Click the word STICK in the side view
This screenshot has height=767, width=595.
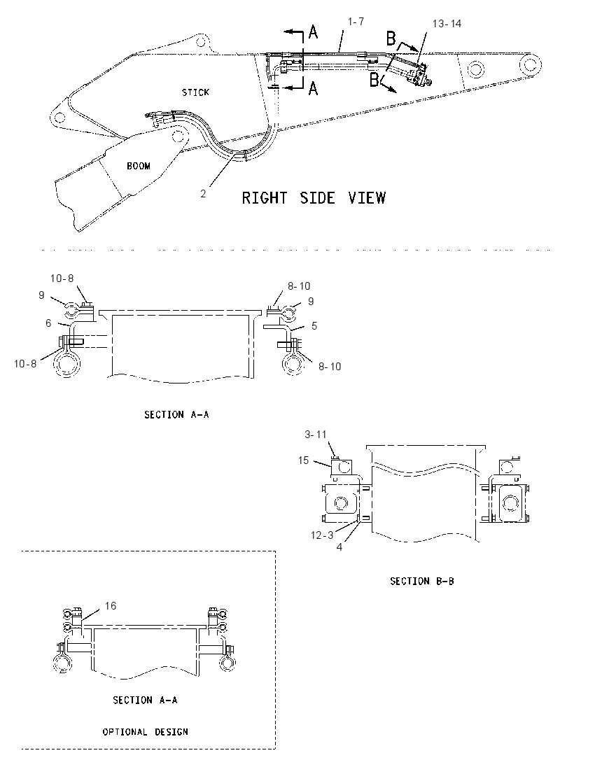coord(196,92)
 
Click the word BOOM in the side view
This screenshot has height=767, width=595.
coord(139,166)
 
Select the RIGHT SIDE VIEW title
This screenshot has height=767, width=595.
coord(314,198)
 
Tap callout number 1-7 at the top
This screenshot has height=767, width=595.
coord(356,22)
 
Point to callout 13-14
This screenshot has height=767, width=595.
coord(447,24)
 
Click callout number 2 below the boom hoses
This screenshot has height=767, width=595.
coord(203,194)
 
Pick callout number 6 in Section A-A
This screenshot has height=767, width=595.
coord(48,323)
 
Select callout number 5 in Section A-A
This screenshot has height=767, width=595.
coord(314,326)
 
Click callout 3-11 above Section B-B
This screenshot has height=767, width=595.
coord(316,435)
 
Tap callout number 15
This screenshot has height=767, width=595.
coord(303,460)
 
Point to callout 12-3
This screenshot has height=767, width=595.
coord(322,535)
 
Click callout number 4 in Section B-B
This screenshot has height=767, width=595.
coord(339,547)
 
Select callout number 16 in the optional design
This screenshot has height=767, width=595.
coord(111,606)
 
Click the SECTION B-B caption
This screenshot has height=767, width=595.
coord(422,581)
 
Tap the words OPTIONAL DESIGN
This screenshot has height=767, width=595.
coord(146,732)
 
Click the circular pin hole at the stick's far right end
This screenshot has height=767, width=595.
coord(531,64)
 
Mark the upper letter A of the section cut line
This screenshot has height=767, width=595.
coord(313,33)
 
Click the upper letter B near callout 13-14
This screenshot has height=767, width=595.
coord(391,38)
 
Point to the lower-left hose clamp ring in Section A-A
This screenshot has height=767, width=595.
coord(66,365)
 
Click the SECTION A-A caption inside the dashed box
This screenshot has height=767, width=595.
coord(146,700)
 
